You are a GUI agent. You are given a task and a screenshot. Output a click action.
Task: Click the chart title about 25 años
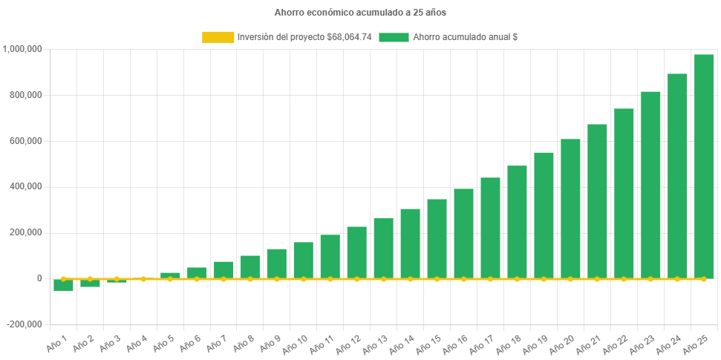coord(360,13)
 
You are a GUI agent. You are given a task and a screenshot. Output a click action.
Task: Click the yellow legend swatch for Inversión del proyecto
coord(218,36)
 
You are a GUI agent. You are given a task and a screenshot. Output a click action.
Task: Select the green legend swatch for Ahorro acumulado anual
coord(394,36)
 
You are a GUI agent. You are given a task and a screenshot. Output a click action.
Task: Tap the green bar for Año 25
coord(703,166)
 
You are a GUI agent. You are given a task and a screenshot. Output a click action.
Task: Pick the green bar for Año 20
coord(570,208)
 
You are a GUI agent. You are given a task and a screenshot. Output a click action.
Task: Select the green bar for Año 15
coord(437,238)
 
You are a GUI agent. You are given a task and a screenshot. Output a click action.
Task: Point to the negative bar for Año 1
coord(63,285)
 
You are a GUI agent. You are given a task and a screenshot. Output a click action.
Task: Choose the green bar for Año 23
coord(650,185)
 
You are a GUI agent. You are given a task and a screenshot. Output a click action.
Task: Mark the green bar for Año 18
coord(517,222)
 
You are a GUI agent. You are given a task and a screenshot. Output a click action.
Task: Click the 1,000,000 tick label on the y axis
coord(22,49)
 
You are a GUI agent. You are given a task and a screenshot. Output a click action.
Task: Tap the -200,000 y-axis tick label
coord(25,324)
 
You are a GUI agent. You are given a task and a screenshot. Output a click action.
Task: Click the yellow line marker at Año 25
coord(703,278)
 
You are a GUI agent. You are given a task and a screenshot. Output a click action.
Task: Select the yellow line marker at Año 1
coord(63,278)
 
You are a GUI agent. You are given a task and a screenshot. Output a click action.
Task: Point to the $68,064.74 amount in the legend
coord(349,36)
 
